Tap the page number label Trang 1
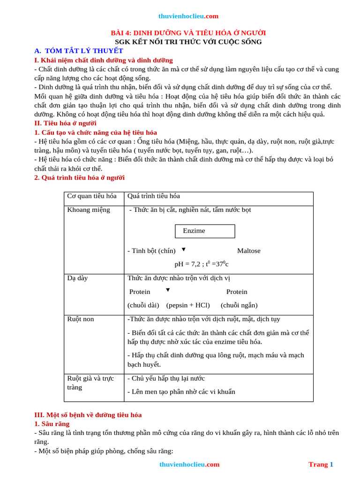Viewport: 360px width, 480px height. pos(321,464)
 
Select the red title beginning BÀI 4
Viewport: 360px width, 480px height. pos(188,33)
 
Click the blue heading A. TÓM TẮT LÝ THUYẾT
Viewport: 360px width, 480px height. pos(79,51)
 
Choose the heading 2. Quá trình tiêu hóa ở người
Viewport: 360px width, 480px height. pos(79,178)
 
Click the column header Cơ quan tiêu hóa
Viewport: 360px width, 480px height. pos(92,196)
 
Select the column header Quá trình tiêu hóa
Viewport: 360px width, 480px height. pos(154,196)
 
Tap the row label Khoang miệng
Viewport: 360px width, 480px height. pos(89,210)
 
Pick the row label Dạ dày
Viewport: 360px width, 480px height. pos(77,278)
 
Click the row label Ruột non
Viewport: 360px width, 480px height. pos(81,319)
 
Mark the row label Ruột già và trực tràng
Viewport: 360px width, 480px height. pos(90,382)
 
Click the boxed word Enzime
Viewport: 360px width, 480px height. pos(194,231)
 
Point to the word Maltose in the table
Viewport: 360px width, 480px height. pos(248,251)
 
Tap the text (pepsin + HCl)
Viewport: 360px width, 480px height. pos(188,305)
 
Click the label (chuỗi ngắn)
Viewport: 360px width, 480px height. pos(239,305)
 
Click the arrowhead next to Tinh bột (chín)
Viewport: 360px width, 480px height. pos(183,249)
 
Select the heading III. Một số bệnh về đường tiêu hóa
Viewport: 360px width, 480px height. pos(88,415)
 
